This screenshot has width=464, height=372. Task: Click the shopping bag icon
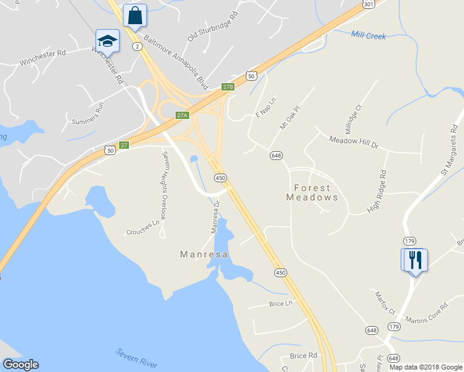pos(135,15)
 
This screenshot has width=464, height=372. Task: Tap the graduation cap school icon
pos(107,42)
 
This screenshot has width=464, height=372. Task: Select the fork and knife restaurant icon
pos(414,259)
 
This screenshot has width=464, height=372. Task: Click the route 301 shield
pos(368,4)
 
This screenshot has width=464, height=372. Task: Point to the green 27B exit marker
pos(228,87)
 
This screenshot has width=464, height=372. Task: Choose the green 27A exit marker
pos(182,115)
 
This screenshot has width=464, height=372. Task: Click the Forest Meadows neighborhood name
pos(312,192)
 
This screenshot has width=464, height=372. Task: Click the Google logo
pos(20,365)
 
